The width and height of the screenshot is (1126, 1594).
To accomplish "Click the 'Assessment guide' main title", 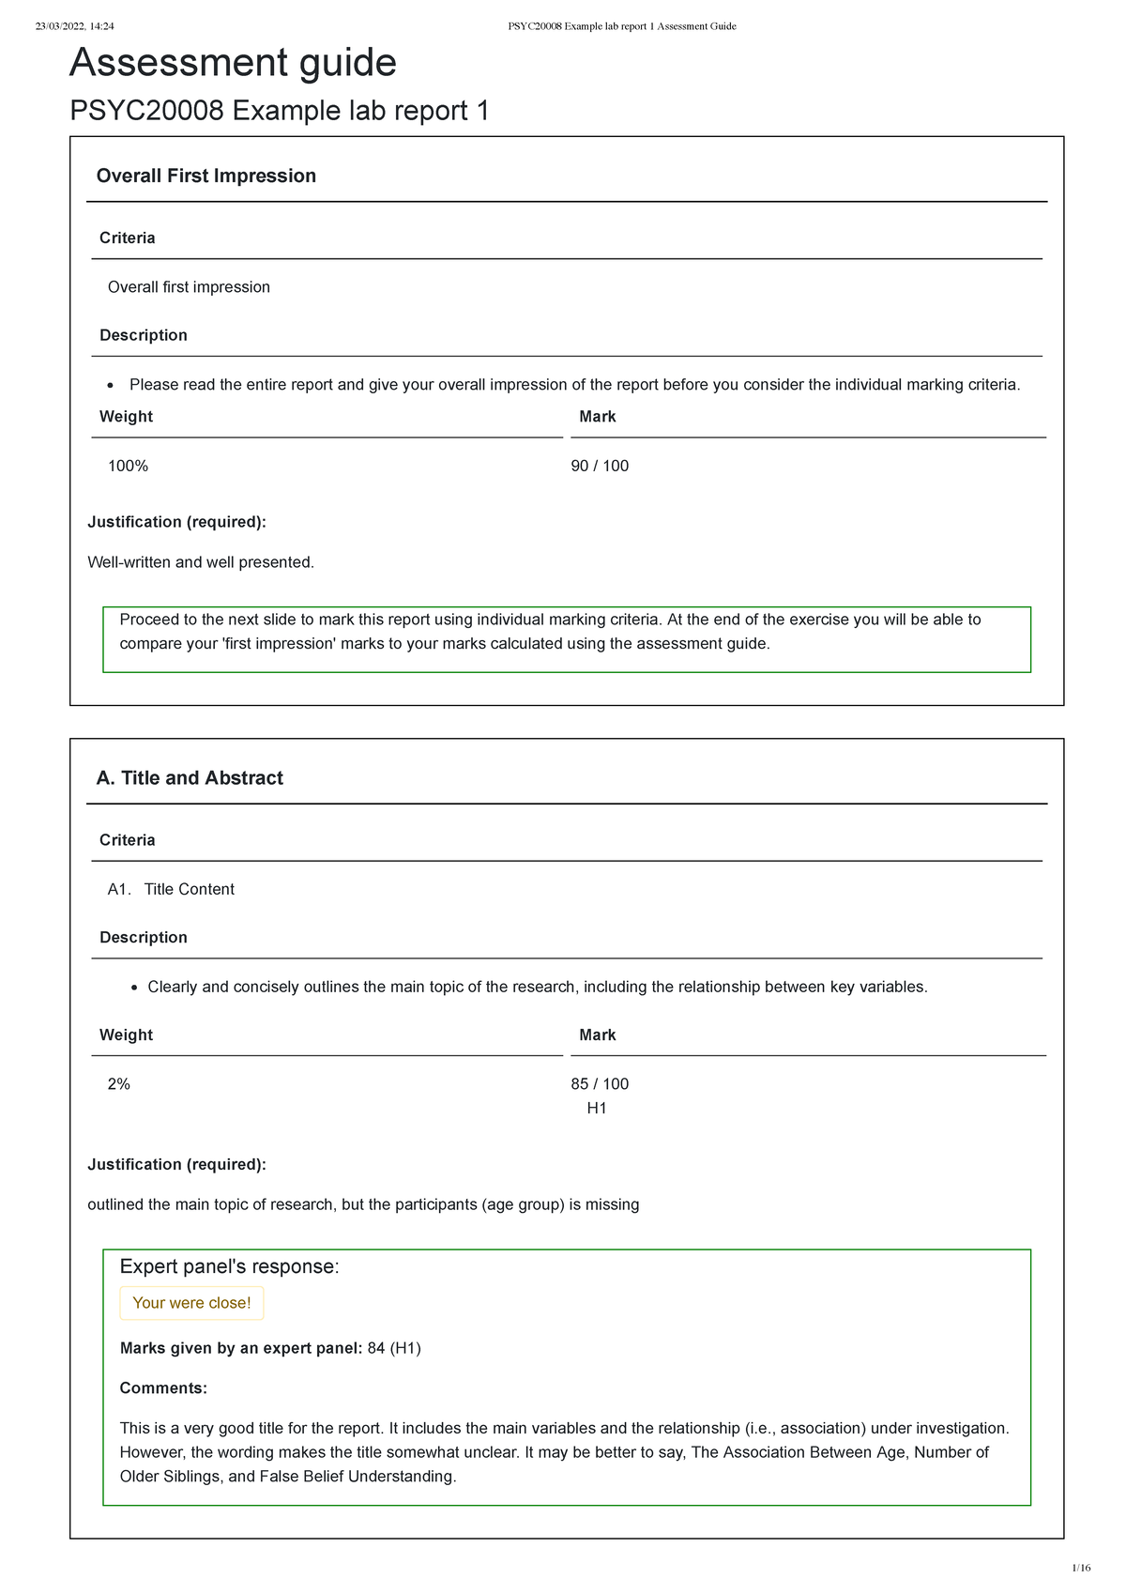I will pos(233,63).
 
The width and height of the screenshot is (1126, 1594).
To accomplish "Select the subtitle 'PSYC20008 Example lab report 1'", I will pos(280,111).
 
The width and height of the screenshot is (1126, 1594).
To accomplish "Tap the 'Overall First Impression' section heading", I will pos(206,176).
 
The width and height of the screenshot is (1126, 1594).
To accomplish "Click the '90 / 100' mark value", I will pos(600,466).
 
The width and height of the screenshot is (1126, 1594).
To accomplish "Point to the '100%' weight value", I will pos(128,466).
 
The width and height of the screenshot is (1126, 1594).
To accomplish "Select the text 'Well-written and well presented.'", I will pos(201,562).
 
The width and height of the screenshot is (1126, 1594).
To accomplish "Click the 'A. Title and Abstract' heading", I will pos(190,777).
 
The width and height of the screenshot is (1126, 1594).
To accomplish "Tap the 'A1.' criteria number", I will pos(119,889).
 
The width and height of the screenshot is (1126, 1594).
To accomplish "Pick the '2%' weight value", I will pos(119,1083).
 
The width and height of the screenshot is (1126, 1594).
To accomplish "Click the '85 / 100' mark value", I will pos(600,1083).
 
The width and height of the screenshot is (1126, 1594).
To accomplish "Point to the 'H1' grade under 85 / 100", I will pos(597,1108).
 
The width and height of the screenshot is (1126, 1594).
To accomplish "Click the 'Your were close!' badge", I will pos(191,1303).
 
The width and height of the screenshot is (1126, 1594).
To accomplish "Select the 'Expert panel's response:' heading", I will pos(229,1266).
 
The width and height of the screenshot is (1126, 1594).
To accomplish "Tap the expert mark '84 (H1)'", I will pos(394,1348).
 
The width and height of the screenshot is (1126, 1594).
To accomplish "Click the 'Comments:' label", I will pos(163,1387).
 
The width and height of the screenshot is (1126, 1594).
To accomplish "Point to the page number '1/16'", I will pos(1081,1568).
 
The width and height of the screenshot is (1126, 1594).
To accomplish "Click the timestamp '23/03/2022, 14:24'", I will pos(74,26).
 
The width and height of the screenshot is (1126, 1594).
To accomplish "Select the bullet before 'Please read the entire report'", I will pos(111,385).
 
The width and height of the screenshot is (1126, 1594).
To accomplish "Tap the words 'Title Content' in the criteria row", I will pos(190,889).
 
